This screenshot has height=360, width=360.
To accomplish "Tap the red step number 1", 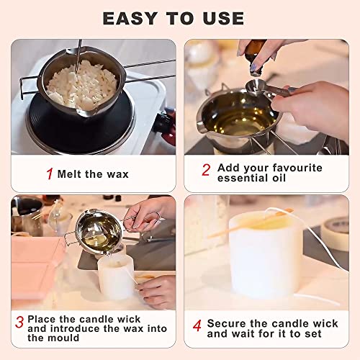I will coord(49,174).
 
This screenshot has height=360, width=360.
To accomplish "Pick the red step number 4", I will coord(197,325).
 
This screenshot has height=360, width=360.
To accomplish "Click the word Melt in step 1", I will coord(71,174).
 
